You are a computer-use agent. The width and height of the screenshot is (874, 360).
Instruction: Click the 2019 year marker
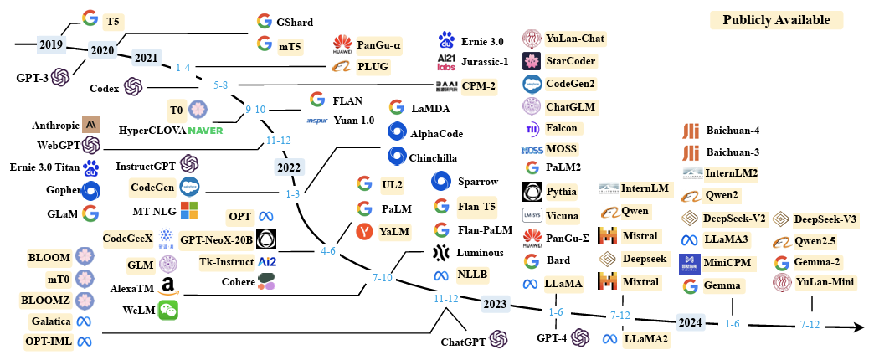click(x=50, y=43)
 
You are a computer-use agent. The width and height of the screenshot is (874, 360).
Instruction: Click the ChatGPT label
click(x=462, y=341)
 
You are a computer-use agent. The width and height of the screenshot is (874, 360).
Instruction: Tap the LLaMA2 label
click(x=645, y=339)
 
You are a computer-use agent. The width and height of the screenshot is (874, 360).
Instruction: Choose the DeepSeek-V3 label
click(x=825, y=219)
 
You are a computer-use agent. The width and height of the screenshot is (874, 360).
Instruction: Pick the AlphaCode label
click(x=436, y=133)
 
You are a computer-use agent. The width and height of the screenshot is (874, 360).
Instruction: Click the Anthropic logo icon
click(x=91, y=125)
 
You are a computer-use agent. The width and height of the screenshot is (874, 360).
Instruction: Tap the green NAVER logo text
click(x=205, y=130)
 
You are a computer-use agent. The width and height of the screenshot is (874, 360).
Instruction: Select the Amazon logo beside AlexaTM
click(x=168, y=286)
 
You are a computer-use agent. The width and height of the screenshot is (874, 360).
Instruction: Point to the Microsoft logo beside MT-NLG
click(x=189, y=209)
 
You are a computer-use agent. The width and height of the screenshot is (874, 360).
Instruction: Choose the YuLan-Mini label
click(x=825, y=283)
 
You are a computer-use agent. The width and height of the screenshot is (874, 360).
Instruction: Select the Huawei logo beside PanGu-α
click(x=342, y=43)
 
